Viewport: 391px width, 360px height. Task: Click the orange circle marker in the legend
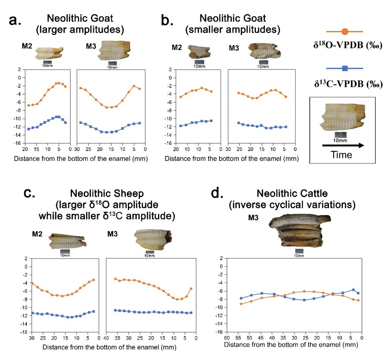345,31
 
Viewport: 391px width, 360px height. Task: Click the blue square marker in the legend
345,68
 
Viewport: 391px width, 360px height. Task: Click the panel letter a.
15,21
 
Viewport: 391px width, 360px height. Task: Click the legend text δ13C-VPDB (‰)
344,83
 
